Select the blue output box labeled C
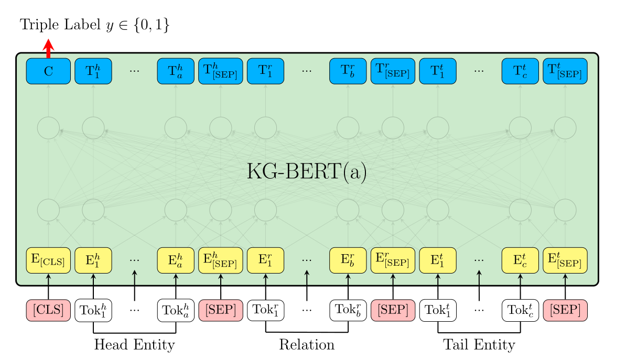48,71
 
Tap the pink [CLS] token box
48,310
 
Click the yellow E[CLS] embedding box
48,260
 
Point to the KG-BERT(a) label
307,172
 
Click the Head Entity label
134,345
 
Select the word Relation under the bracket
307,345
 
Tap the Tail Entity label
479,345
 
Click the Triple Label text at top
95,25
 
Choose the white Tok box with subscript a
176,310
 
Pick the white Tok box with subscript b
348,310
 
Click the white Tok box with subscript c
520,310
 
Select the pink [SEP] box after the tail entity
565,310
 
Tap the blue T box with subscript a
176,71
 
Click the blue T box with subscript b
348,71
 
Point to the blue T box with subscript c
520,71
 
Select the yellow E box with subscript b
348,260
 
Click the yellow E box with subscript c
520,260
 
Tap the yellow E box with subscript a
176,260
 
